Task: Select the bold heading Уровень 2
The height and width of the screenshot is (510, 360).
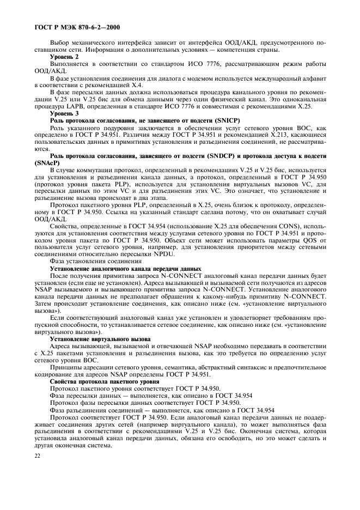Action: click(x=64, y=57)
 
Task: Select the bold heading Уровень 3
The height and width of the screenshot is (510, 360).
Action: click(x=64, y=113)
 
